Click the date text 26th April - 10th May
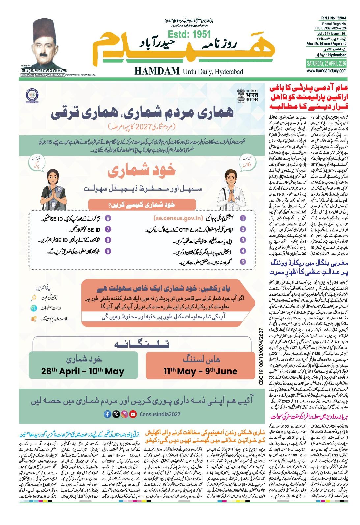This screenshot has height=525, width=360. tap(83, 372)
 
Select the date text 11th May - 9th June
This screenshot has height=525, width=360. tap(201, 372)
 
